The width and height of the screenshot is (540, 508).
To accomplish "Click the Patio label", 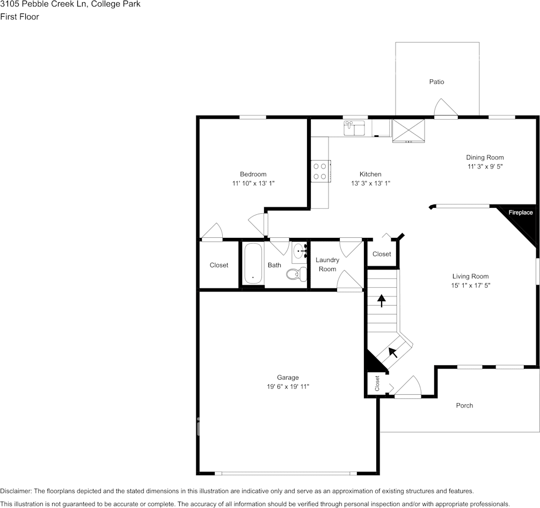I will pos(436,82).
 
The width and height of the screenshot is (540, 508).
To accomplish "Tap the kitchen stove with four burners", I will pos(320,171).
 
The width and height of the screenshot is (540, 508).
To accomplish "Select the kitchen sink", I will pos(354,128).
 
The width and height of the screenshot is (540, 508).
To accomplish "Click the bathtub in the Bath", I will pos(252,263).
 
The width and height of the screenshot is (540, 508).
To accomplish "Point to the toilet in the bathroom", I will pos(294,274).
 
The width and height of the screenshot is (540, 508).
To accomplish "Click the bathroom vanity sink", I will pos(299,251).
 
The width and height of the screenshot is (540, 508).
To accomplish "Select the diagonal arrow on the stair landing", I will pos(393,352).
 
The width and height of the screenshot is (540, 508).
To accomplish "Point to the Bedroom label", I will pos(253,174).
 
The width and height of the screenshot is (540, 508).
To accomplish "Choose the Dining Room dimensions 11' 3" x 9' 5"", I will pos(485,166).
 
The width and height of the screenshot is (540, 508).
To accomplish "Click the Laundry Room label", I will pos(327,264).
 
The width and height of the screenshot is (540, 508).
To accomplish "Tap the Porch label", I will pos(464,405).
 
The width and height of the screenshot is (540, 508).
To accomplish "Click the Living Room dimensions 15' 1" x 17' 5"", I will pos(470,286).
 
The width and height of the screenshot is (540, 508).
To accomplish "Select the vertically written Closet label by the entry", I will pos(377,383).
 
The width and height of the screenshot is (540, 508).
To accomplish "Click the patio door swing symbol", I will pos(446,107).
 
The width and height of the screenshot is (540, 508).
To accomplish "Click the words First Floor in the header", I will pos(20,17).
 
